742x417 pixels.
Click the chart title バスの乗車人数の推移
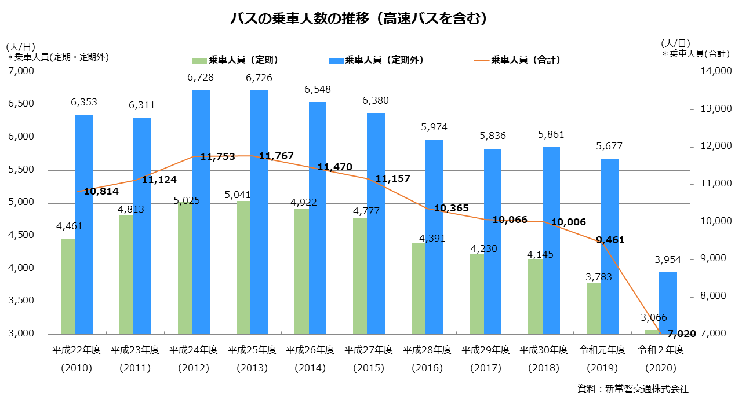tap(358, 20)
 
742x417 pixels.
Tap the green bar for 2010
tap(68, 286)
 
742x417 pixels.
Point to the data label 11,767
tap(276, 156)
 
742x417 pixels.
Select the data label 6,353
tap(84, 102)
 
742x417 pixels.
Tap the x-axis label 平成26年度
tap(311, 350)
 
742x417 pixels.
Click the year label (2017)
tap(486, 368)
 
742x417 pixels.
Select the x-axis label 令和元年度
tap(602, 350)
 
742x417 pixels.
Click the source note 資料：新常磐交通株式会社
tap(633, 389)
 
